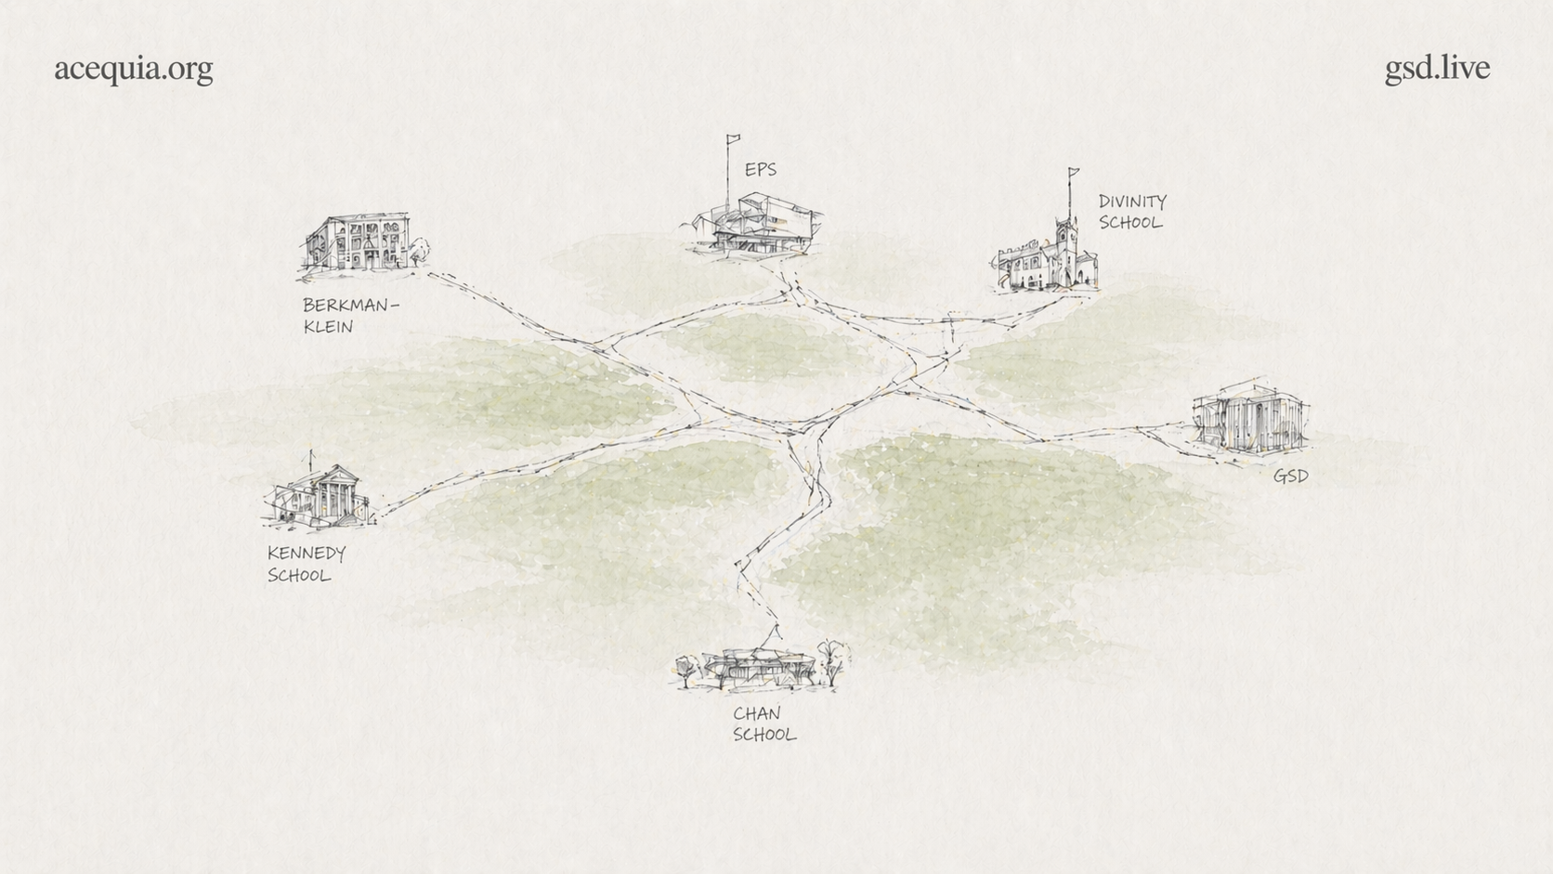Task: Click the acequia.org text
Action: (x=133, y=69)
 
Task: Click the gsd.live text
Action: (x=1437, y=68)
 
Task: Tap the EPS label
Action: (x=760, y=169)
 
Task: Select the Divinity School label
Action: (x=1131, y=212)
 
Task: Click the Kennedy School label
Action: (x=306, y=564)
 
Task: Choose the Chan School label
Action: (x=763, y=724)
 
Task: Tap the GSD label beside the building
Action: (x=1290, y=476)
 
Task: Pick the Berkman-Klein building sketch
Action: (x=358, y=243)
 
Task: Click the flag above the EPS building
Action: (x=734, y=139)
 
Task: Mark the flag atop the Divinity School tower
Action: (x=1075, y=172)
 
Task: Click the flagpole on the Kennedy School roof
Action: (x=311, y=460)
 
